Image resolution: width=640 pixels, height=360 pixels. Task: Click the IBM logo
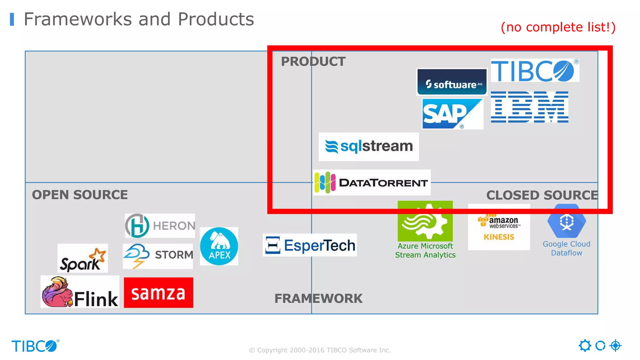[529, 107]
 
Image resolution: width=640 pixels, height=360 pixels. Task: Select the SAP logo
[452, 114]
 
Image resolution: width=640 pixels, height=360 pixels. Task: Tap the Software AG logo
[452, 82]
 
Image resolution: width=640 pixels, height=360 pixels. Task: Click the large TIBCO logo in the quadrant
[534, 71]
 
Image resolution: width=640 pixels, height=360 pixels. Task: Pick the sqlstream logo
[369, 147]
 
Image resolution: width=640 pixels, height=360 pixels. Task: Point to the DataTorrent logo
[372, 182]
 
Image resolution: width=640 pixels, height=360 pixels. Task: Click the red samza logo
[158, 293]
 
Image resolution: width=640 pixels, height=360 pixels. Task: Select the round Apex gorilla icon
[219, 246]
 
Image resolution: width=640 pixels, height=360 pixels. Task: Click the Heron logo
[160, 226]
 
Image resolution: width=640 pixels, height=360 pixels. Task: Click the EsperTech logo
[310, 245]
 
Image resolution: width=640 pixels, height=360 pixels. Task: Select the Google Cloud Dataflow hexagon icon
[566, 221]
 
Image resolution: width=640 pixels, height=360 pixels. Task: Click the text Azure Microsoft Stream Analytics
[425, 251]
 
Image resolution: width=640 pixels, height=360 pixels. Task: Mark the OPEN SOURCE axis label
[80, 195]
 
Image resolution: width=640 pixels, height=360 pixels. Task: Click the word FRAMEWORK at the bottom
[318, 298]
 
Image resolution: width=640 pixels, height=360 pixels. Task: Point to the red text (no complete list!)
[558, 27]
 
